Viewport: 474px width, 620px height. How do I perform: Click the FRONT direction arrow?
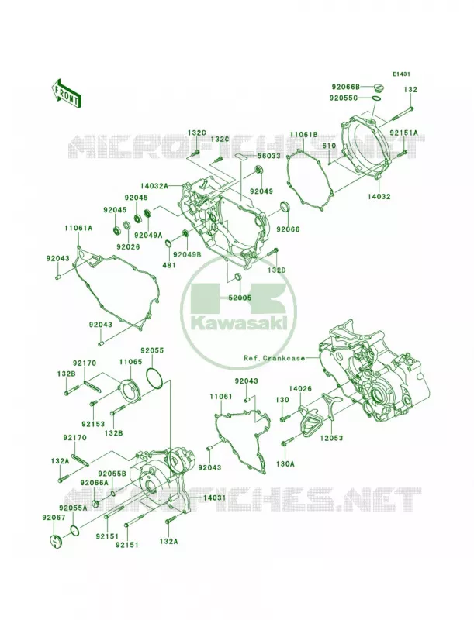(66, 93)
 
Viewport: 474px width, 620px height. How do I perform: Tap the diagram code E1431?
(401, 74)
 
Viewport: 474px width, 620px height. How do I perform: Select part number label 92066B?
(345, 86)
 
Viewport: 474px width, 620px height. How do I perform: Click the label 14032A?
(154, 185)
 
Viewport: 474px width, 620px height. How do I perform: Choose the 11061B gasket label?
(304, 134)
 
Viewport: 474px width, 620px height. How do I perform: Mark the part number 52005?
(240, 298)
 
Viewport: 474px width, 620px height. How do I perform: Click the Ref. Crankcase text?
(275, 358)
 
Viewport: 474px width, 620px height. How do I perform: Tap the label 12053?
(331, 438)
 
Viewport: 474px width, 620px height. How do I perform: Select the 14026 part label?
(300, 389)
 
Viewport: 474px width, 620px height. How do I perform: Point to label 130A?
(285, 463)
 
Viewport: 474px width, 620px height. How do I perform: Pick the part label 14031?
(214, 498)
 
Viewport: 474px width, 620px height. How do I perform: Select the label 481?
(169, 265)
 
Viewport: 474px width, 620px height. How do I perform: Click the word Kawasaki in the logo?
(240, 324)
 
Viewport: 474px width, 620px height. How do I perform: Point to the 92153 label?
(93, 424)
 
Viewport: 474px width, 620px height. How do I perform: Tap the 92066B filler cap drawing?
(379, 87)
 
